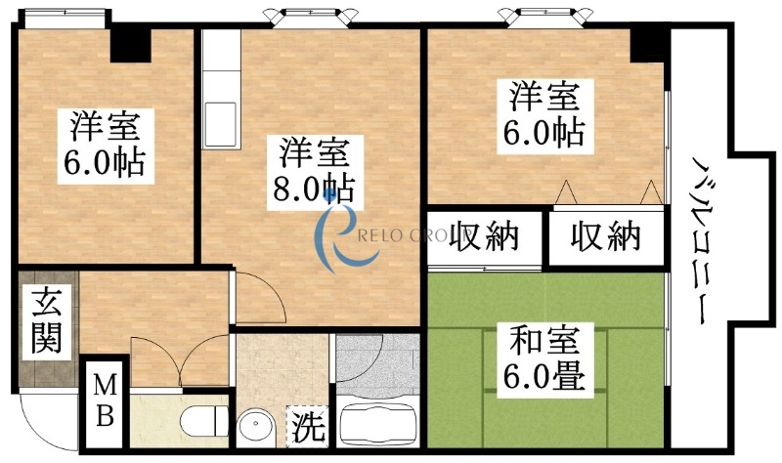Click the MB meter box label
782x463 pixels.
point(105,401)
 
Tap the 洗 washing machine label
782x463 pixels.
point(308,428)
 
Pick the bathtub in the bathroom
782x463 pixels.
point(377,423)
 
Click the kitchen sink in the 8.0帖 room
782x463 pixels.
point(221,122)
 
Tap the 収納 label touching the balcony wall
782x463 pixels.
point(605,236)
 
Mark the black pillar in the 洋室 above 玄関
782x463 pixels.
point(131,43)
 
